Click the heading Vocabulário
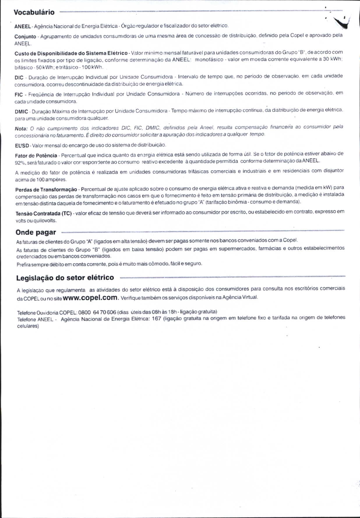pos(34,12)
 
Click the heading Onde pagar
pos(36,232)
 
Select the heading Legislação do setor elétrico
pos(65,277)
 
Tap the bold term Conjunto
pos(25,37)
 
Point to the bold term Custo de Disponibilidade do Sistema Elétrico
pos(71,53)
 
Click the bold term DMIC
pos(21,112)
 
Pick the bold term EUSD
pos(22,145)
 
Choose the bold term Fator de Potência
pos(36,156)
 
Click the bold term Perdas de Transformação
pos(46,190)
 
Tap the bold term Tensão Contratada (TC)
pos(44,214)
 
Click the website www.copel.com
pos(90,297)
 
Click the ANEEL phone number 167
pos(156,318)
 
